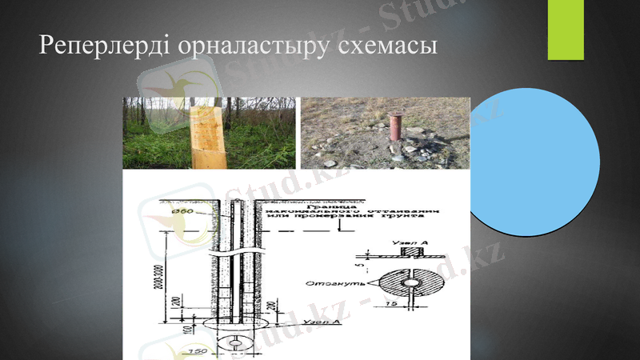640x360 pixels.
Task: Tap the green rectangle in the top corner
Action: pyautogui.click(x=566, y=29)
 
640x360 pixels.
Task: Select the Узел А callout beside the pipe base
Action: pyautogui.click(x=325, y=322)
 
